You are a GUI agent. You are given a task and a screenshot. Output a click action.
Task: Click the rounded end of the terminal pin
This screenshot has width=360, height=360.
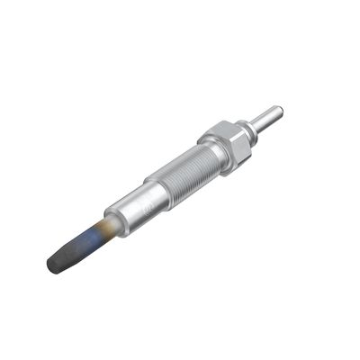[x=279, y=111]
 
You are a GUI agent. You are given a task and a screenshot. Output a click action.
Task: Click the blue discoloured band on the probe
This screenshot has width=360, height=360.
[x=87, y=239]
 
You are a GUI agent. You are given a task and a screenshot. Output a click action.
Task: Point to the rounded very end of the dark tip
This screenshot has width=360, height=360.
[x=50, y=266]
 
